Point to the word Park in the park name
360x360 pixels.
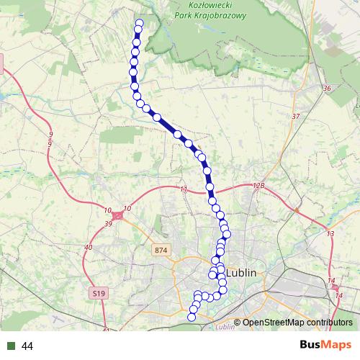pos(186,14)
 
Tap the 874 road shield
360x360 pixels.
pos(160,249)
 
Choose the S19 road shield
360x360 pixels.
pos(99,293)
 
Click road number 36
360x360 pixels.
pos(327,89)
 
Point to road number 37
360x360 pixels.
pos(295,116)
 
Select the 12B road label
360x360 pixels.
pos(259,185)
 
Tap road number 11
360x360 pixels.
pos(184,189)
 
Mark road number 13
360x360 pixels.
pos(330,234)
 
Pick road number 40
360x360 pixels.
pos(89,248)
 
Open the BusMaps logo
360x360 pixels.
pos(325,346)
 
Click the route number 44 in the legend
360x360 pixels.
pos(28,346)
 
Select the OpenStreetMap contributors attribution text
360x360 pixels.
pos(297,323)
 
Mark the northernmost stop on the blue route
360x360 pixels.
pos(139,23)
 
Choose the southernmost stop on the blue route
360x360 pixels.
pos(192,317)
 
